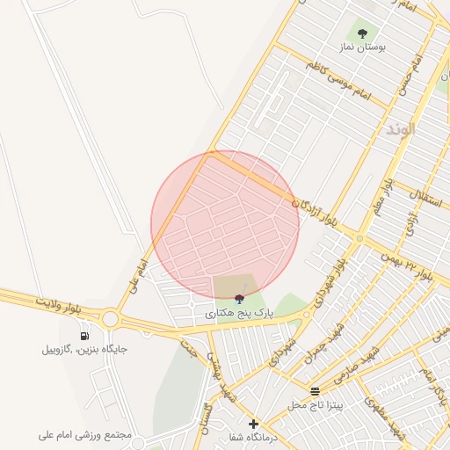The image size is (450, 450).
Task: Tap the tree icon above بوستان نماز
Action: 362,34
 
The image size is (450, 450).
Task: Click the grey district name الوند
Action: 400,129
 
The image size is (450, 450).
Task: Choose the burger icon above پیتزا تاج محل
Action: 316,391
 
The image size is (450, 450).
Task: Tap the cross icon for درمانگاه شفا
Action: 253,424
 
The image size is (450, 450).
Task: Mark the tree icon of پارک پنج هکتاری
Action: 240,299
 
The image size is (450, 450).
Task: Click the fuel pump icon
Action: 85,336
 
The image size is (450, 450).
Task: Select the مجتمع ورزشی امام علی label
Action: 85,435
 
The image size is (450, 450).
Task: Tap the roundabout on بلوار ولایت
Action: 111,318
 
